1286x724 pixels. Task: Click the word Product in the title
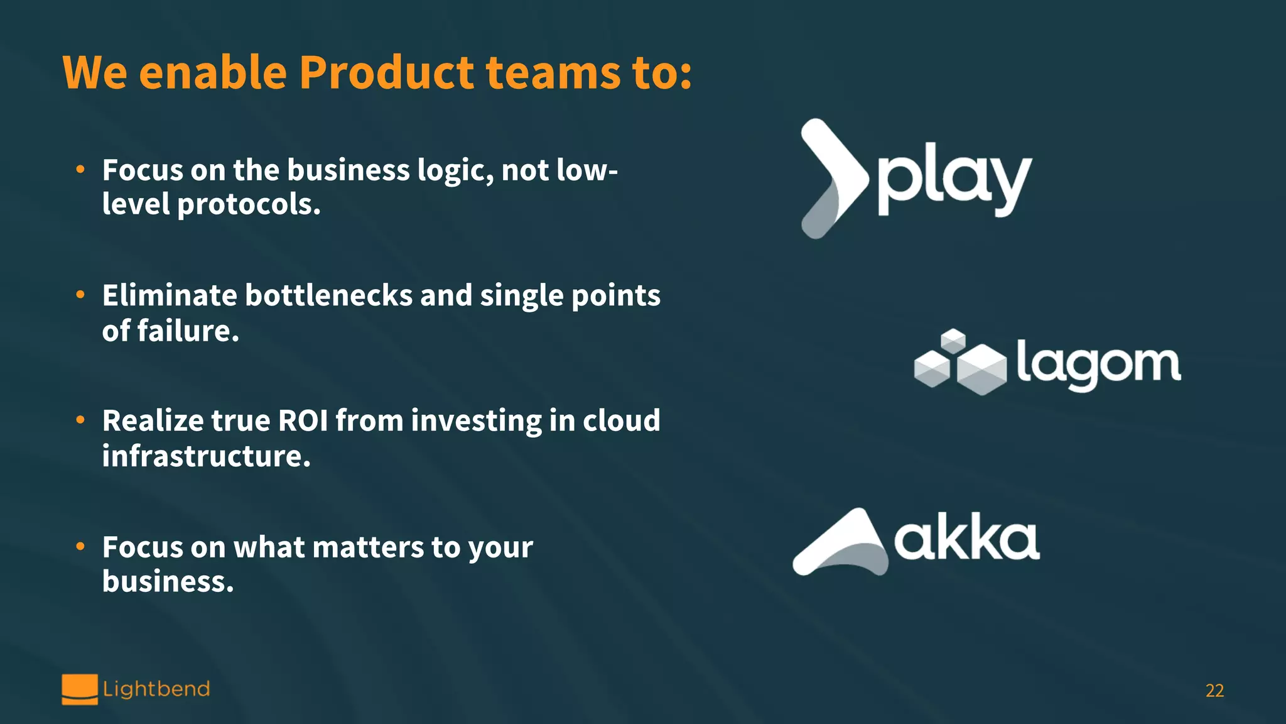coord(386,73)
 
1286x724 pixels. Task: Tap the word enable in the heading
coord(213,73)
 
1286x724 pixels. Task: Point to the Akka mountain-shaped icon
coord(841,544)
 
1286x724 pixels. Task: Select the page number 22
coord(1214,691)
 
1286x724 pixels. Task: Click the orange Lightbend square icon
coord(80,689)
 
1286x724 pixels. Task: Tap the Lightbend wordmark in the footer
coord(156,689)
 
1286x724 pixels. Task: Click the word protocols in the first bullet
coord(248,205)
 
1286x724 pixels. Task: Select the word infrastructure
coord(206,456)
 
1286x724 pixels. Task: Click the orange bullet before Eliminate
coord(80,294)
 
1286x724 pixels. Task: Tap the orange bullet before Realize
coord(80,420)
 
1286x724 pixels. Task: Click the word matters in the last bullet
coord(367,547)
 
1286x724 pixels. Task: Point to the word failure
coord(188,331)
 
